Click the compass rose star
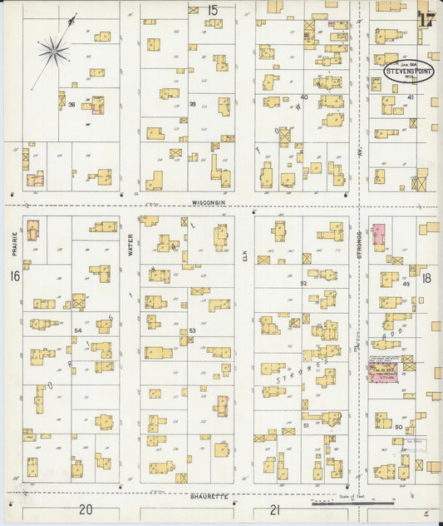pos(53,52)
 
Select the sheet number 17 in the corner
pos(427,19)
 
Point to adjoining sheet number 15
pos(213,10)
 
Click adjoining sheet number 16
pos(14,275)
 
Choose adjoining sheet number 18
pos(426,277)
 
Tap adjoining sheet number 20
pos(85,509)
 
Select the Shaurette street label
pos(209,496)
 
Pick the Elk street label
pos(245,259)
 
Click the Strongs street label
pos(359,242)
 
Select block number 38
pos(72,104)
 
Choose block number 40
pos(304,97)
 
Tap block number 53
pos(192,331)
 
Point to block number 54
pos(78,331)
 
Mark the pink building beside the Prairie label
pos(33,230)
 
